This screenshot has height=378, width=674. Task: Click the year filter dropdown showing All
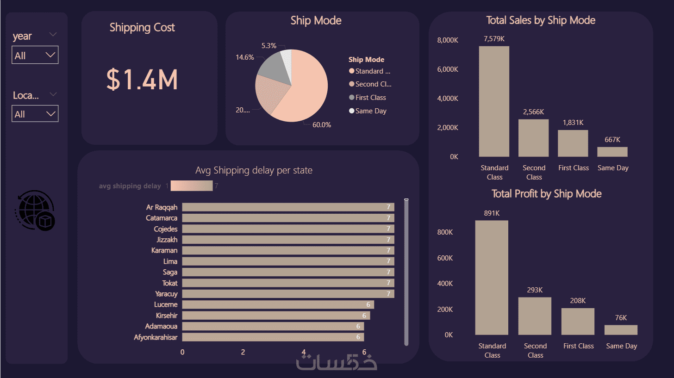35,56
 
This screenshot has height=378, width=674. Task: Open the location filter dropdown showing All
35,114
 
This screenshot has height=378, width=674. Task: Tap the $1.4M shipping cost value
142,79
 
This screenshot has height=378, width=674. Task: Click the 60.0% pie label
322,125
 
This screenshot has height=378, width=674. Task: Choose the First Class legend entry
370,98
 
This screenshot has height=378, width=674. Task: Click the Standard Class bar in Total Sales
494,102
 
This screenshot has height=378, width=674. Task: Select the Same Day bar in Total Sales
612,152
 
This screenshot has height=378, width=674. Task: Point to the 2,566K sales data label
534,112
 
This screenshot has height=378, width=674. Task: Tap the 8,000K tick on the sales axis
447,40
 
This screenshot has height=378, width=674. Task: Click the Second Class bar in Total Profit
535,316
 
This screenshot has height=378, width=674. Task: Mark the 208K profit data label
578,301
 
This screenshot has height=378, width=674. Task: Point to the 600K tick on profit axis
446,258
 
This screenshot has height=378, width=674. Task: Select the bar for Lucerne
278,304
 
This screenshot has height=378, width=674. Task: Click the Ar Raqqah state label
162,207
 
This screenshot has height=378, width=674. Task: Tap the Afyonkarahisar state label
156,337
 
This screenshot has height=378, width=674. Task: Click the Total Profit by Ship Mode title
546,194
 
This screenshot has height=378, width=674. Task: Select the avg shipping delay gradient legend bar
191,186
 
